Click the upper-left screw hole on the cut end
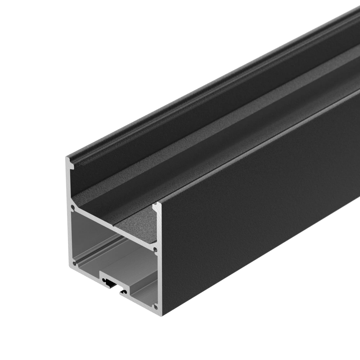73,208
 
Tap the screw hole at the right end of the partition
155,249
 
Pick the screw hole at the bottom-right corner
156,307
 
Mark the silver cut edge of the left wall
68,187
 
